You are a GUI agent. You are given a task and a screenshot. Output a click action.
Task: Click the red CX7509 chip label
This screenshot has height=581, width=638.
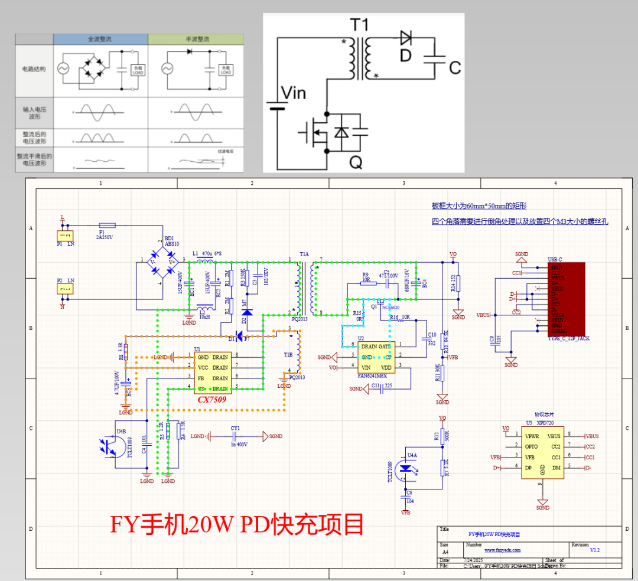click(x=212, y=399)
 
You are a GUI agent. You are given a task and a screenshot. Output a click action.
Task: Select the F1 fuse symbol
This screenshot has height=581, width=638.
click(x=107, y=225)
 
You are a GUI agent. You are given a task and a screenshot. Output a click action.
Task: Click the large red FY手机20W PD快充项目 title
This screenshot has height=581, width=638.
click(x=236, y=523)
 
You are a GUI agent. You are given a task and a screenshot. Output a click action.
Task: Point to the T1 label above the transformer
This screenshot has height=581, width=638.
click(x=359, y=25)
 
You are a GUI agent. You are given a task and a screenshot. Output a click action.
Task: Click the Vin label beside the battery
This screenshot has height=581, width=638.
click(x=293, y=93)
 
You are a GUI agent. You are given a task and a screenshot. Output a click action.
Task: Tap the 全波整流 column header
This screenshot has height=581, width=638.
click(x=100, y=39)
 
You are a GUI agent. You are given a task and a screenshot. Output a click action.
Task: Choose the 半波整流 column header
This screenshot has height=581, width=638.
click(x=195, y=39)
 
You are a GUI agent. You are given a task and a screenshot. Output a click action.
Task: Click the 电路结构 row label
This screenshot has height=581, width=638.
click(x=34, y=68)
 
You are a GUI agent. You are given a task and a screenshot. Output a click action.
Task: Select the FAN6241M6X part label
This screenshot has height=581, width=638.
click(x=373, y=376)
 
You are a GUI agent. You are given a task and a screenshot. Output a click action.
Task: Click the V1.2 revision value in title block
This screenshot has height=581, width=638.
click(x=595, y=550)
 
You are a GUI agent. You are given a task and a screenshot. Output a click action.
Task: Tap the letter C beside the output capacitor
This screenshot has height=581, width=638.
click(x=454, y=68)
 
